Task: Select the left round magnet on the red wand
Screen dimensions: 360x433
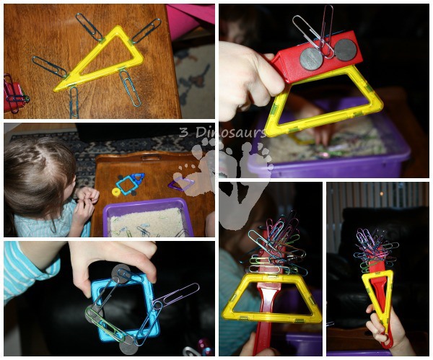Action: tap(311, 58)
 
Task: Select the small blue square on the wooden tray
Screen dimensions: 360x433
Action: tap(128, 184)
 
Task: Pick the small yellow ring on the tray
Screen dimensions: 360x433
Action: tap(115, 192)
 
